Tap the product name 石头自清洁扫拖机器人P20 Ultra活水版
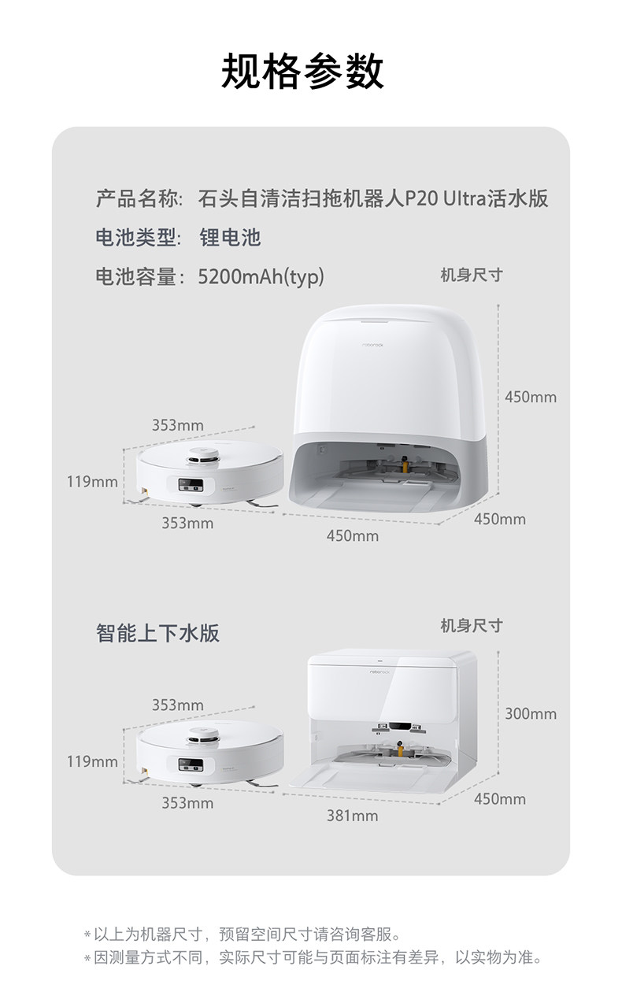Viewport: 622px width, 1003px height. [x=373, y=198]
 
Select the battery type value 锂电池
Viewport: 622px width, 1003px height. [x=229, y=237]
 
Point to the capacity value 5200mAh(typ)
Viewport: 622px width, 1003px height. [x=261, y=277]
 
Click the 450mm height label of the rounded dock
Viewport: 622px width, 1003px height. [x=530, y=397]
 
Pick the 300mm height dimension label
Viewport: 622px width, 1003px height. [x=530, y=714]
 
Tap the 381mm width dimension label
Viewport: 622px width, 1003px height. [x=352, y=816]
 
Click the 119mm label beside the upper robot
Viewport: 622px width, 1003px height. [x=91, y=481]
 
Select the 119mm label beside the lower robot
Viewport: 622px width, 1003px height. [x=91, y=761]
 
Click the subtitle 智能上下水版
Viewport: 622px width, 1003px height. [x=157, y=633]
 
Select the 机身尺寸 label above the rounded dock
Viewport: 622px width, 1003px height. [x=471, y=275]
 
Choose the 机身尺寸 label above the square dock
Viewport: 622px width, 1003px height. [x=471, y=626]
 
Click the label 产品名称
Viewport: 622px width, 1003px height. [x=139, y=198]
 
